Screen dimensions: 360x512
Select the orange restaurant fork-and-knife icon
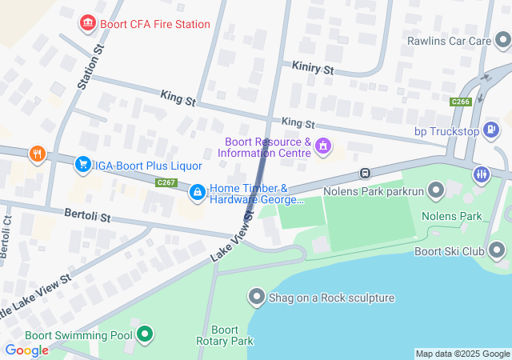point(35,154)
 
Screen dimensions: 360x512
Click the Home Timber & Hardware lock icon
point(197,192)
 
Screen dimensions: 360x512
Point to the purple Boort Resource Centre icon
point(323,146)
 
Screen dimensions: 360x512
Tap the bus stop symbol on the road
point(365,172)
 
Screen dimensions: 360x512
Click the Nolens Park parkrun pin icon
point(436,190)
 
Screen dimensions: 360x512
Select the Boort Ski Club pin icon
point(497,251)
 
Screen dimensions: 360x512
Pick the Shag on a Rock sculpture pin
point(257,298)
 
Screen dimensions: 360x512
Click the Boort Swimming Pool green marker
point(145,334)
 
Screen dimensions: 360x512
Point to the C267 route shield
point(166,182)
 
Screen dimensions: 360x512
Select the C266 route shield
point(460,102)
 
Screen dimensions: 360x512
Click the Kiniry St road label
point(313,69)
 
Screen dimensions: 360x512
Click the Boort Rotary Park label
point(225,335)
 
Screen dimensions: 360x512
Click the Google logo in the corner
point(26,350)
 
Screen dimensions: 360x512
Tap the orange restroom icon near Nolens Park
point(481,174)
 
